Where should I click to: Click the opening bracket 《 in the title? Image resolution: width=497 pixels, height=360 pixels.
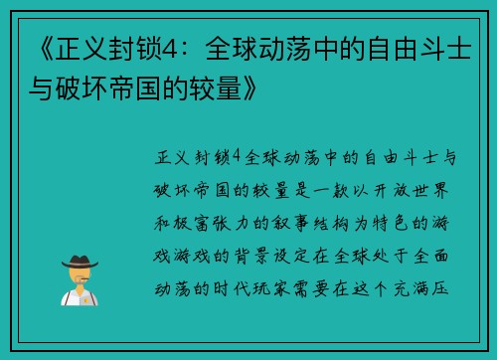coord(31,47)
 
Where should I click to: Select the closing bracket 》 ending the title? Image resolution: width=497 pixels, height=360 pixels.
coord(254,91)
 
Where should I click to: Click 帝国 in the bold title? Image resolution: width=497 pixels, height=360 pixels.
coord(138,91)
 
